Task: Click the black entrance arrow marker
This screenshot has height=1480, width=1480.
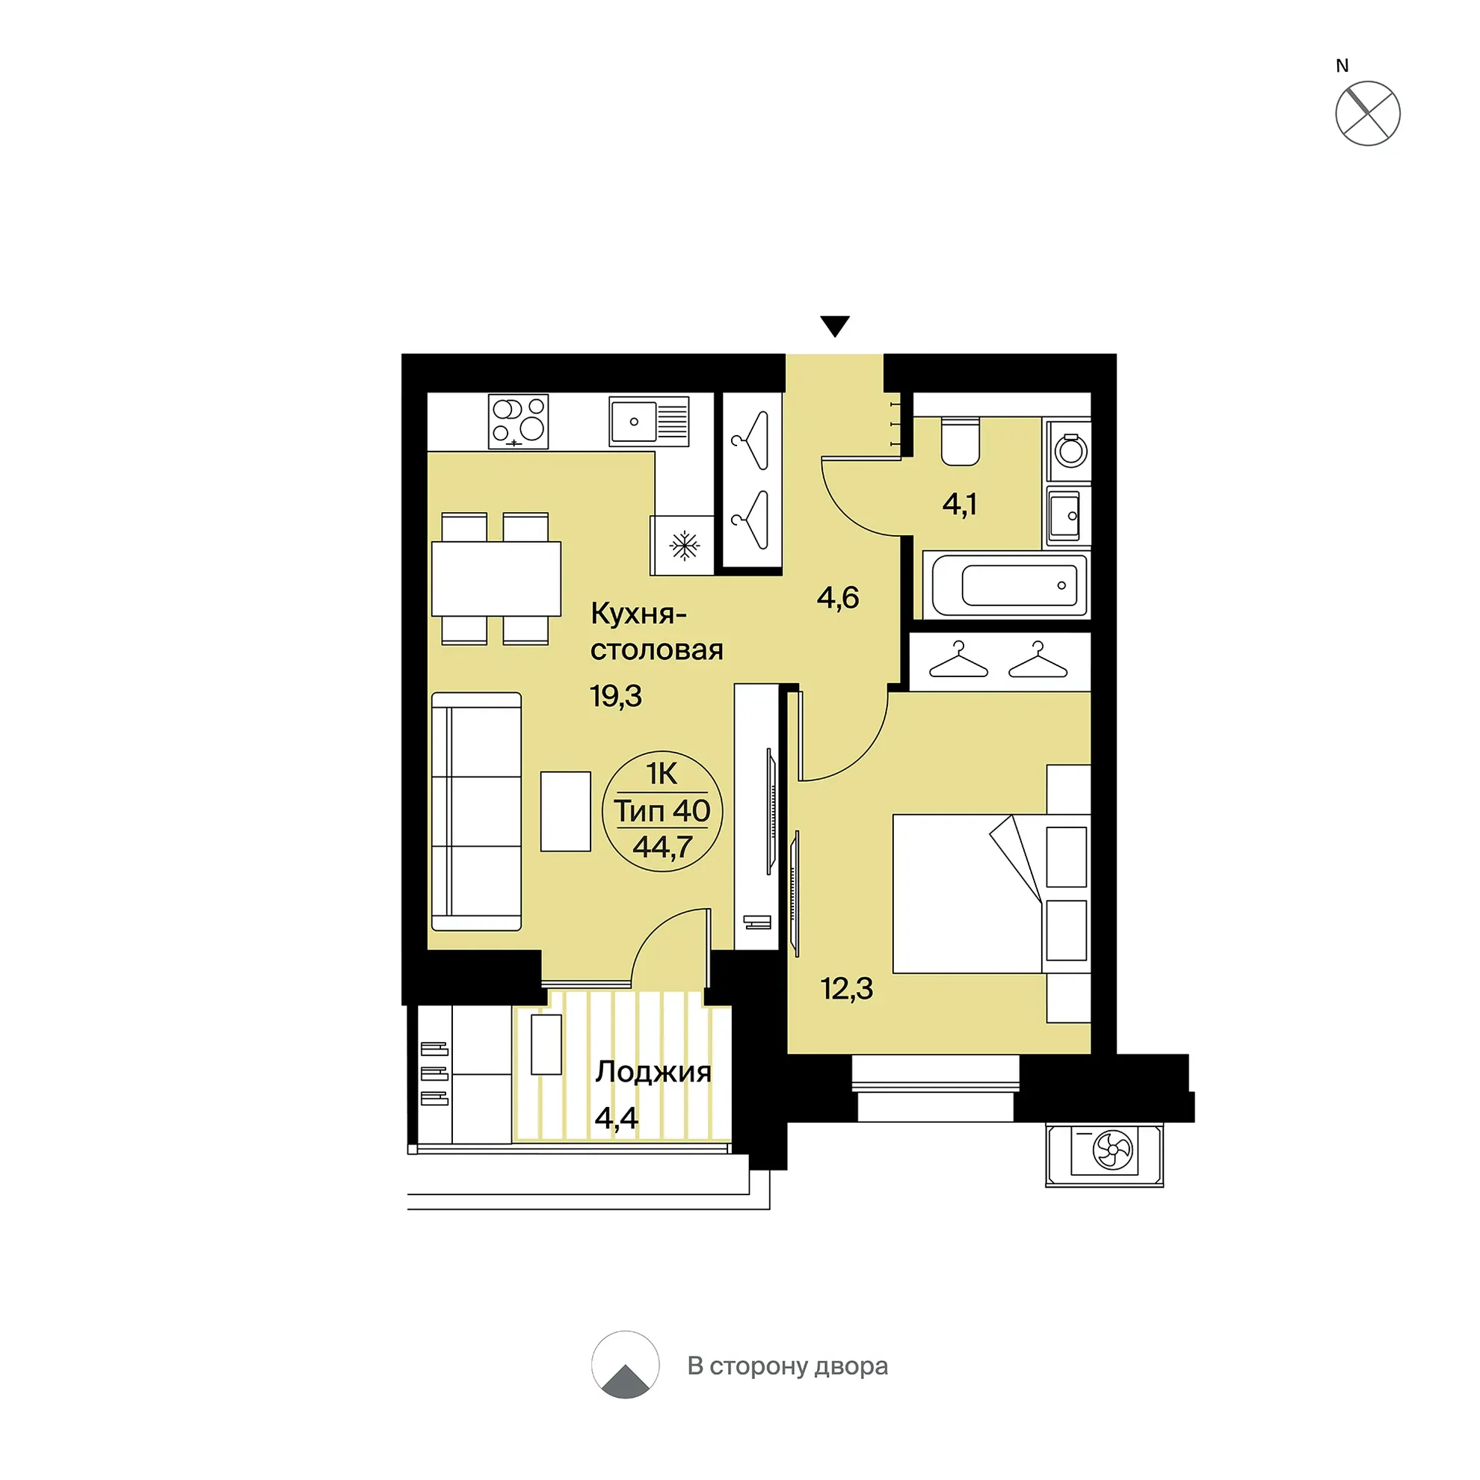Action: [x=835, y=326]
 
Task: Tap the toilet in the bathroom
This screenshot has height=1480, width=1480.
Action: [x=961, y=441]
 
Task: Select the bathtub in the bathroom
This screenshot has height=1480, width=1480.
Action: [x=1006, y=585]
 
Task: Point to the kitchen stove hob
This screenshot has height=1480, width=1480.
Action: [x=519, y=422]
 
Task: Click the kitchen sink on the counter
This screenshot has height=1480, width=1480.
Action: [x=649, y=421]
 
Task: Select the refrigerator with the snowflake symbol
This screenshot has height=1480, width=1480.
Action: [x=682, y=545]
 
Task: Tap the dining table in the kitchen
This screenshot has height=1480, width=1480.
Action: [x=496, y=579]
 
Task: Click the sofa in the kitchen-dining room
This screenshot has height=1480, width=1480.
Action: [x=476, y=811]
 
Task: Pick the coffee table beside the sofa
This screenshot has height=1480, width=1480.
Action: [x=565, y=811]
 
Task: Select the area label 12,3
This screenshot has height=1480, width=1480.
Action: [x=846, y=989]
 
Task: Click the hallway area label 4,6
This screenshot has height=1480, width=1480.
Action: [x=838, y=596]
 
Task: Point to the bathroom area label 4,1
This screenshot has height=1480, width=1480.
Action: [x=959, y=504]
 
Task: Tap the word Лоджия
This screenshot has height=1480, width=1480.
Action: [x=653, y=1073]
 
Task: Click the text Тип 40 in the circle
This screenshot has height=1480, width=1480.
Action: [x=662, y=810]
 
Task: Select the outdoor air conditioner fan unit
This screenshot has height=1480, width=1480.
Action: [x=1105, y=1150]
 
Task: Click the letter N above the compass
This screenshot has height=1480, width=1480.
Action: [x=1342, y=66]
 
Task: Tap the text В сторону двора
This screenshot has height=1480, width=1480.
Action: [x=788, y=1366]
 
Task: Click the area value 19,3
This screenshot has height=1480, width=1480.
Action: [x=616, y=697]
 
